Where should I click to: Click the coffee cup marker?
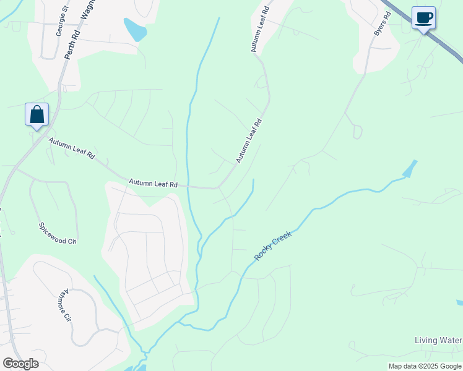(x=423, y=18)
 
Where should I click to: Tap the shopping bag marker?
(x=37, y=114)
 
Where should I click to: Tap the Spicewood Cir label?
(x=58, y=233)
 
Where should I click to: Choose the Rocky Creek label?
(x=272, y=246)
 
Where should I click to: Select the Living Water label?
(x=438, y=341)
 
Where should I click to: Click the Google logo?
(x=20, y=364)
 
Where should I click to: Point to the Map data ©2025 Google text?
(x=425, y=366)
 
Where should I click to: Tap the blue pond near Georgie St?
(x=135, y=29)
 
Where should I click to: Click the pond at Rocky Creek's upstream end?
(x=410, y=168)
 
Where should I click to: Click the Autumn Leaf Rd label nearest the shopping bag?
(x=72, y=149)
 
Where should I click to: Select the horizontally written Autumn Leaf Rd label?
(x=153, y=184)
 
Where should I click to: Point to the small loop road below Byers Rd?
(x=357, y=132)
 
